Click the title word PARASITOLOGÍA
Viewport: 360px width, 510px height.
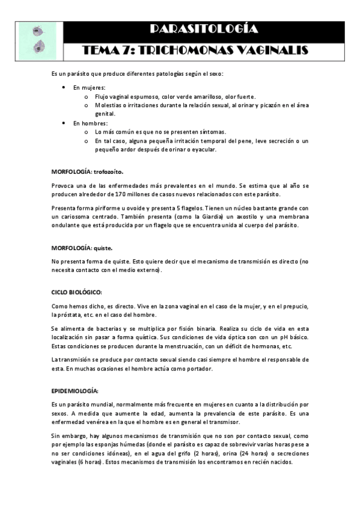[x=203, y=28]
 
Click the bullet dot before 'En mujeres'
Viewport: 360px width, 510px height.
[x=64, y=88]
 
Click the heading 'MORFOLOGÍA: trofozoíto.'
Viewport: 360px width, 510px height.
[x=87, y=171]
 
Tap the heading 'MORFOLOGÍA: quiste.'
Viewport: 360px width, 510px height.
[x=82, y=247]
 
